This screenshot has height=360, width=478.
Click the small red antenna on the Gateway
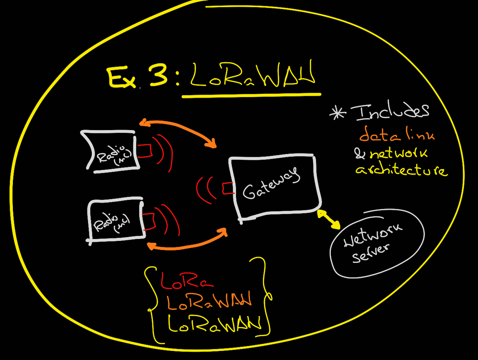click(228, 188)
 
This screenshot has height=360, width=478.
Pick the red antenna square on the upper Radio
click(146, 150)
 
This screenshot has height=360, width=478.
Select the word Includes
click(390, 112)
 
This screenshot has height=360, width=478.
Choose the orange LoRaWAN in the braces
click(208, 302)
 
